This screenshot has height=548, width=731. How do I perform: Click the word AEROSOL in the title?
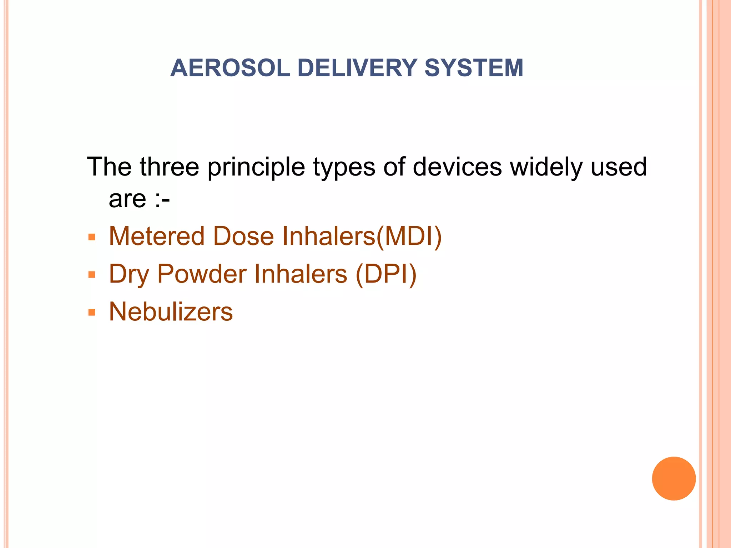(x=230, y=68)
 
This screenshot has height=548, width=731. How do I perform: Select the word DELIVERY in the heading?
(x=357, y=68)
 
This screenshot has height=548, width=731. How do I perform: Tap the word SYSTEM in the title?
(x=474, y=68)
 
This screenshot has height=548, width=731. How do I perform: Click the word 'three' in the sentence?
(x=169, y=167)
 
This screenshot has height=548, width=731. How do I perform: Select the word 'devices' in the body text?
(x=457, y=167)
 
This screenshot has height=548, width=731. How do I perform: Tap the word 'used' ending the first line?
(x=619, y=167)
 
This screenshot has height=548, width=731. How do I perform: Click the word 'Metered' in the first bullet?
(x=157, y=236)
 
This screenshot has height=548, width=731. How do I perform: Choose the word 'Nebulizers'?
(x=171, y=311)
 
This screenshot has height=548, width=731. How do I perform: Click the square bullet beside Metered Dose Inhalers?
(x=92, y=237)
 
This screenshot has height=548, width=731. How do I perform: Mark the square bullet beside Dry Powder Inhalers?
(x=92, y=275)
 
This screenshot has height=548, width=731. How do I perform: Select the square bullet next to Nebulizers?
(x=92, y=313)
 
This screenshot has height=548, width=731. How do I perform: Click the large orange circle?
(x=674, y=478)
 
